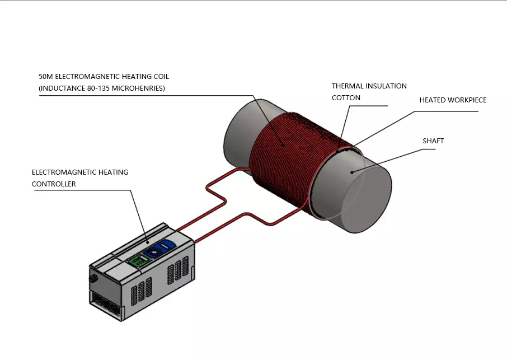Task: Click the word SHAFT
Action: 433,141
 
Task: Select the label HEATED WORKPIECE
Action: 453,100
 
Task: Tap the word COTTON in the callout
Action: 346,97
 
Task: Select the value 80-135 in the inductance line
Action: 95,88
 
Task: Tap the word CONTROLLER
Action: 54,184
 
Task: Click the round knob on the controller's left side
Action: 93,277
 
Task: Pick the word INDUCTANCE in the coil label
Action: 62,88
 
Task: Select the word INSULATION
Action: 387,86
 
